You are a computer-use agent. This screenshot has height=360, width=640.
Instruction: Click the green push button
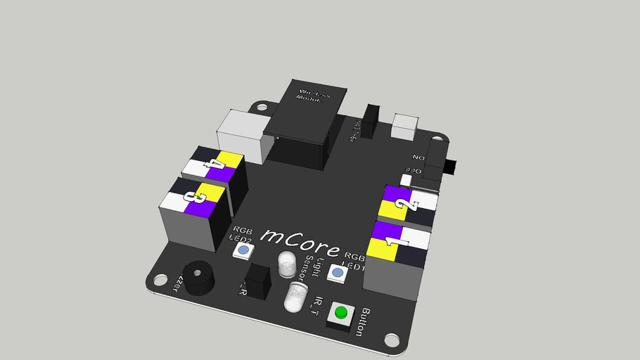click(341, 312)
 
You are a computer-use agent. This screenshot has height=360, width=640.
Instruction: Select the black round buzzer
click(195, 276)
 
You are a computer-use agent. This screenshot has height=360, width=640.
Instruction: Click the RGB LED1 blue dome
click(338, 273)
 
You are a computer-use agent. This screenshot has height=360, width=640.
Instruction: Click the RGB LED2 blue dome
click(243, 250)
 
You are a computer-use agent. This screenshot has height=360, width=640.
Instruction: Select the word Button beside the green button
click(364, 321)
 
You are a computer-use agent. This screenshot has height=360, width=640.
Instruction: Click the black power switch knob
click(452, 169)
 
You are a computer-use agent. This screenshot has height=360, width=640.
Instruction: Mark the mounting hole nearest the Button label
click(392, 341)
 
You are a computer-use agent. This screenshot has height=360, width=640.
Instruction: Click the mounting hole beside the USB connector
click(262, 108)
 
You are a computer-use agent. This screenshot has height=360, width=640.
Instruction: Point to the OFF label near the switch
click(414, 171)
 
